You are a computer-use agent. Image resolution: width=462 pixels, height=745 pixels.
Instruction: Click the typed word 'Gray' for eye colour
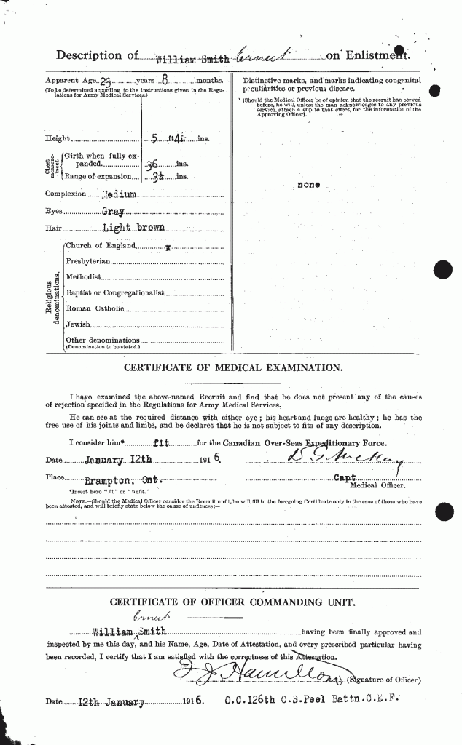point(113,211)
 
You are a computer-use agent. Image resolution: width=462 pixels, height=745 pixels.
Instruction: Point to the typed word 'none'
point(308,185)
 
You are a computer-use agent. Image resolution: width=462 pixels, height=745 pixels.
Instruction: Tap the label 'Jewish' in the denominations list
point(79,323)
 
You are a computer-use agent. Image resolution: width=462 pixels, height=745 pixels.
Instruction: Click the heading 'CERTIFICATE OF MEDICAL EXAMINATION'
point(233,368)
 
